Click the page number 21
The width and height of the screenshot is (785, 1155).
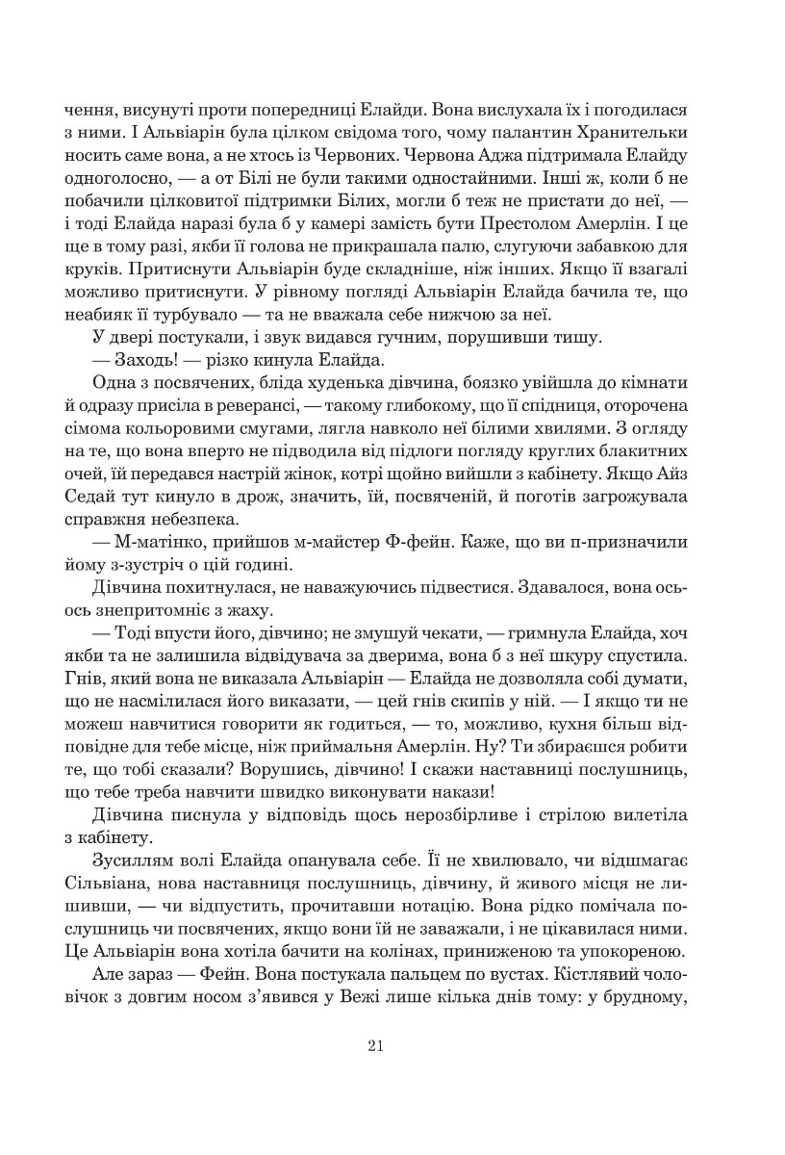click(x=376, y=1048)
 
